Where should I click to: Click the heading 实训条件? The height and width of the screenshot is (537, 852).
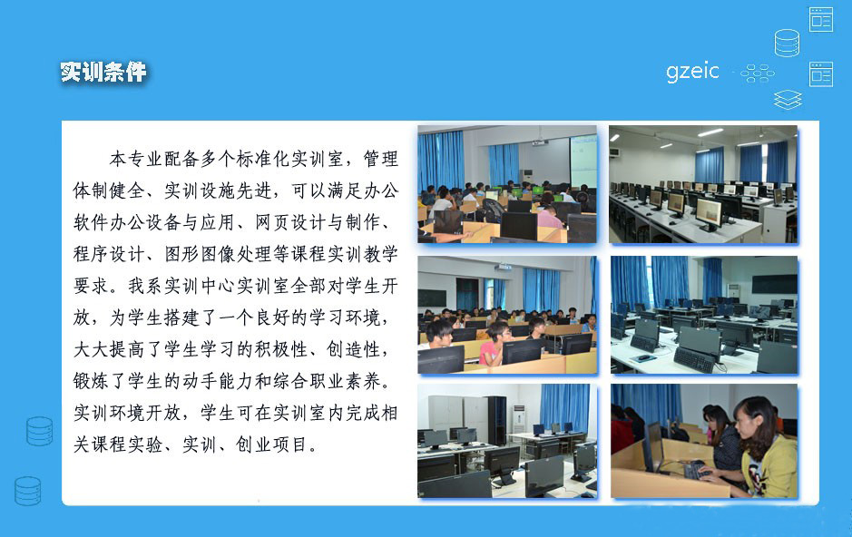(103, 73)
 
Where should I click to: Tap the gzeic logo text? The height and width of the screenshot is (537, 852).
(691, 71)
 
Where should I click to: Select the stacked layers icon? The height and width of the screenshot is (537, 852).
(788, 100)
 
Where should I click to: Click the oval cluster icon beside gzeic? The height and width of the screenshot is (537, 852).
(757, 73)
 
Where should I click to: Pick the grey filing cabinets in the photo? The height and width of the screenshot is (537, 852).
(446, 413)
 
